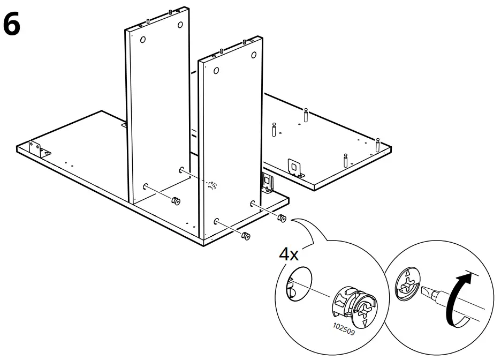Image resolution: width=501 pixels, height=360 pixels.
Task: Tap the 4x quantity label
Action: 289,253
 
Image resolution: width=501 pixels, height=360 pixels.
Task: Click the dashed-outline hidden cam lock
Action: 212,185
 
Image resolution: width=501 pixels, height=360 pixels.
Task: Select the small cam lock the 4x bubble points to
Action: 282,219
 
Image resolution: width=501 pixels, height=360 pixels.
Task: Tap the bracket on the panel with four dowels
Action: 294,167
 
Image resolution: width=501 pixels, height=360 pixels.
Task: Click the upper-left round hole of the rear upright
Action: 143,40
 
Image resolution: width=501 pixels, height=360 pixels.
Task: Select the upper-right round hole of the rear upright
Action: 180,24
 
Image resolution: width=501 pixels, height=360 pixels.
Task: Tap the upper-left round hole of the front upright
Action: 216,70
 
